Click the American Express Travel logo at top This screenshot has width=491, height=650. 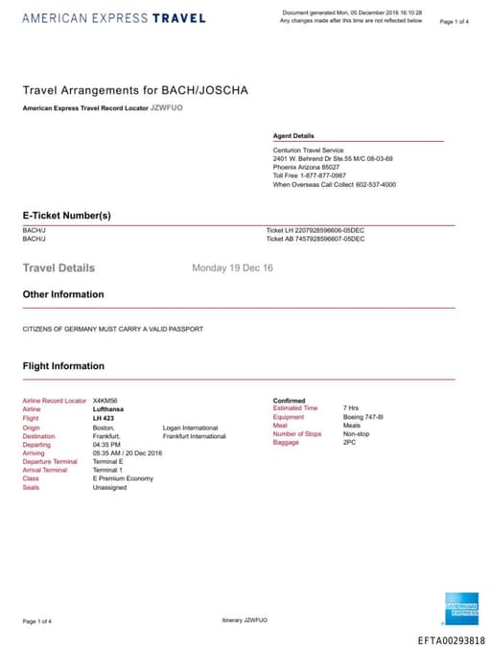(112, 18)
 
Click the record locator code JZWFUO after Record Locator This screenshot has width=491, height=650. (166, 108)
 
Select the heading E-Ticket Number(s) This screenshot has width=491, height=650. (67, 216)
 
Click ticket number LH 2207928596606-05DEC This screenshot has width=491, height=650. (316, 230)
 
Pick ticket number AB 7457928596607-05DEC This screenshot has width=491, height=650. (316, 239)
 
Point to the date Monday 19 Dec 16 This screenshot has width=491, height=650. (233, 268)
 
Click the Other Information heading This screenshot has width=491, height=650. (63, 294)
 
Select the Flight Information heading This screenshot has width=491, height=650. (63, 366)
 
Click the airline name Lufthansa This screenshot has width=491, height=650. (108, 408)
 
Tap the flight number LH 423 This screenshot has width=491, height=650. (103, 418)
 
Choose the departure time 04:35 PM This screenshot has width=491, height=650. (106, 444)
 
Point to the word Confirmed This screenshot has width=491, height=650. (289, 400)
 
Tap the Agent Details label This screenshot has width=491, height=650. (293, 136)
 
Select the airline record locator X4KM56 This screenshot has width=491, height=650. (105, 400)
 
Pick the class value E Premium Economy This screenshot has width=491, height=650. (123, 478)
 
